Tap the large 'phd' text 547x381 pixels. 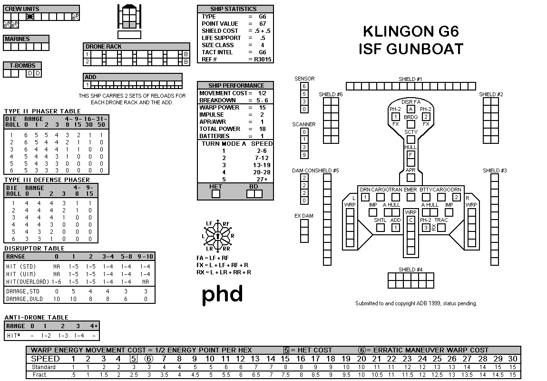tap(222, 294)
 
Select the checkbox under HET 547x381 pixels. tap(215, 194)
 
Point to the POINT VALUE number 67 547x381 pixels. tap(263, 24)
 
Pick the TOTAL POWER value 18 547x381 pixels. tap(263, 129)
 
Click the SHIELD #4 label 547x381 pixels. tap(410, 270)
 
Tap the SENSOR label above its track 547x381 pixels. tap(304, 79)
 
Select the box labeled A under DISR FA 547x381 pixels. tap(411, 109)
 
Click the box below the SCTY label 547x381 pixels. tap(411, 140)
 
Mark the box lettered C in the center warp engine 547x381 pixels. tap(411, 220)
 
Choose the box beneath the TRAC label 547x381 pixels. tap(441, 228)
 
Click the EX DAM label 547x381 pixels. tap(304, 216)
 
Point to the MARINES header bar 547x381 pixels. tap(26, 39)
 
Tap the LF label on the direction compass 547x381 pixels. tap(209, 223)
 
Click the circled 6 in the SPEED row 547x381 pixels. tap(149, 359)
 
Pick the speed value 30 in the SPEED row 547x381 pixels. tap(512, 359)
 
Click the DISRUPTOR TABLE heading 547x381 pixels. tap(34, 248)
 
